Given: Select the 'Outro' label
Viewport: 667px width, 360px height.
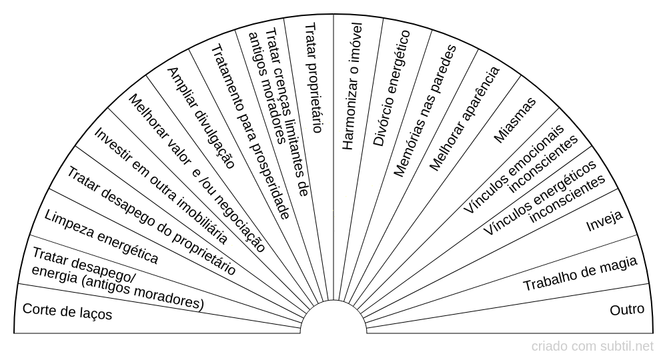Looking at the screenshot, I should (627, 310).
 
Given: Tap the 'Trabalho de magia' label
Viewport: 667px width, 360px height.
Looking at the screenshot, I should (580, 273).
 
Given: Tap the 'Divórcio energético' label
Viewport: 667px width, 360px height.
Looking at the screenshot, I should (391, 88).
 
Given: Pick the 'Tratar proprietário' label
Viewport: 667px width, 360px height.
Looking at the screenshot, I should (313, 77).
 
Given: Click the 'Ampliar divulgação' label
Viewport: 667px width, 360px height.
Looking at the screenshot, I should (200, 117).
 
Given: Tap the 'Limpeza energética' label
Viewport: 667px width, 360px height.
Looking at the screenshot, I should (101, 235).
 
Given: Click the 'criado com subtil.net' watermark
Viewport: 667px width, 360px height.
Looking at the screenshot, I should (592, 347).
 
